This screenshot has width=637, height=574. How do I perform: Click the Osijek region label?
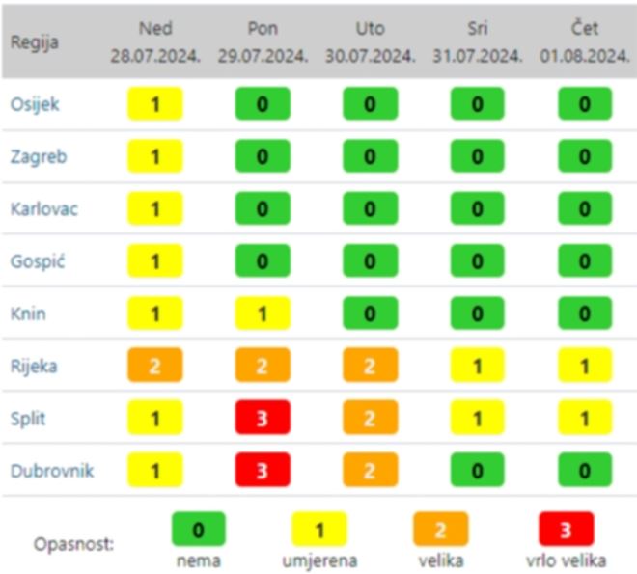pyautogui.click(x=35, y=104)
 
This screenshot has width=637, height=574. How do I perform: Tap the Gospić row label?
pyautogui.click(x=36, y=260)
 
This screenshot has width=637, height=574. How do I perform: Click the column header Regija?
pyautogui.click(x=35, y=42)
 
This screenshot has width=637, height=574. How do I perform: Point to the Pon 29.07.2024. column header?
pyautogui.click(x=263, y=41)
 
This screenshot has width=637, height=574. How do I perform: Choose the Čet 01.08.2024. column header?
pyautogui.click(x=585, y=41)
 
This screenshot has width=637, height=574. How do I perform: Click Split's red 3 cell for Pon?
pyautogui.click(x=263, y=418)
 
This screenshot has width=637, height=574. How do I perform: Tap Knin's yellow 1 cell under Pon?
pyautogui.click(x=263, y=313)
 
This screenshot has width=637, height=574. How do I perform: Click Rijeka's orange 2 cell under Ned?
pyautogui.click(x=155, y=366)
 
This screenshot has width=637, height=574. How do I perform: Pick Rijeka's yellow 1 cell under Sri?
pyautogui.click(x=477, y=366)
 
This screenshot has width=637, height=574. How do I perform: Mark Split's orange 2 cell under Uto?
pyautogui.click(x=370, y=418)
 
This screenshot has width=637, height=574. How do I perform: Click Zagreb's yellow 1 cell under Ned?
pyautogui.click(x=155, y=156)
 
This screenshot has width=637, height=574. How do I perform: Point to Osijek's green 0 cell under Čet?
pyautogui.click(x=585, y=104)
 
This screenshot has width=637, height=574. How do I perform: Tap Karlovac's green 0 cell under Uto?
pyautogui.click(x=370, y=208)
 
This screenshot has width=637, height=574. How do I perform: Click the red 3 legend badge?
pyautogui.click(x=566, y=529)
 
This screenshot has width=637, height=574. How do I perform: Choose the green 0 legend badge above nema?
pyautogui.click(x=198, y=529)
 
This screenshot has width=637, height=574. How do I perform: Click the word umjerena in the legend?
pyautogui.click(x=318, y=559)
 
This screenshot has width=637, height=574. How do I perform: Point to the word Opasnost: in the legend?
pyautogui.click(x=73, y=544)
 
